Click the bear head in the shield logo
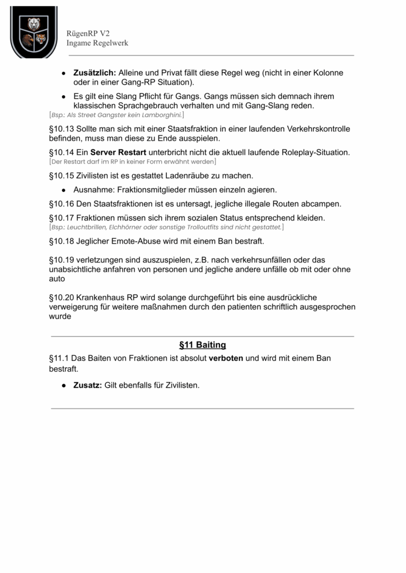click(x=34, y=23)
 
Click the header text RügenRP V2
click(x=88, y=34)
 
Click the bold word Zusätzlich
click(x=95, y=73)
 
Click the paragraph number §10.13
click(x=62, y=129)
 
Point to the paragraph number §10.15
click(x=62, y=176)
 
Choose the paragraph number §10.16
click(x=62, y=204)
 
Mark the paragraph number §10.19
click(x=62, y=260)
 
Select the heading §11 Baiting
click(x=202, y=345)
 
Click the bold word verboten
click(x=226, y=358)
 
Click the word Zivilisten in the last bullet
click(x=180, y=386)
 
